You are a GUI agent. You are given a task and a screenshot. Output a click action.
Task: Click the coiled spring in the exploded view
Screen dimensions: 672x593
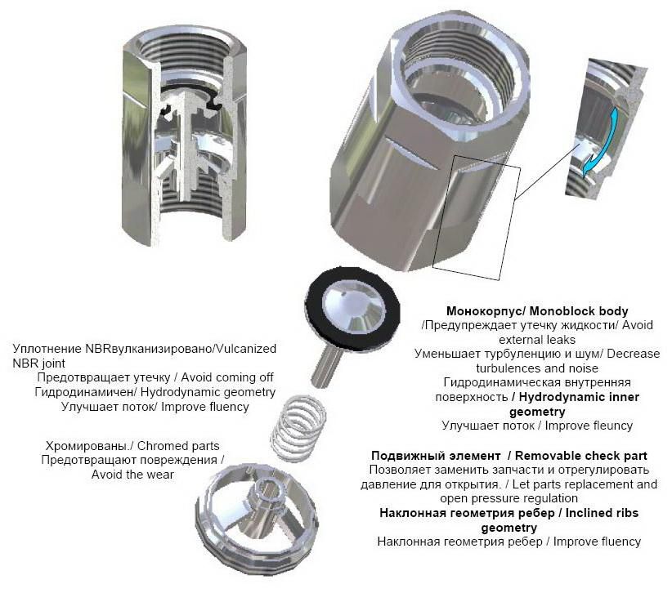(x=298, y=429)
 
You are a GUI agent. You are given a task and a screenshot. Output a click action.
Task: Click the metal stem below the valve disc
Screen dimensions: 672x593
(x=326, y=363)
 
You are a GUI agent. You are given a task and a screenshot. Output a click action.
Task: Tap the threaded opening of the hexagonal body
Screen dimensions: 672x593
(x=459, y=82)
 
